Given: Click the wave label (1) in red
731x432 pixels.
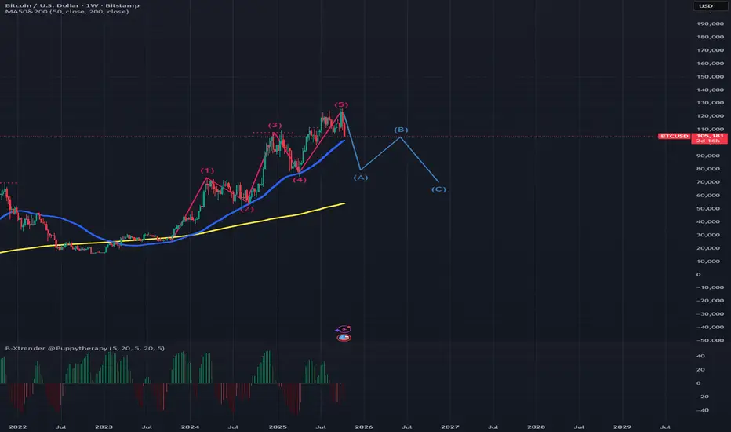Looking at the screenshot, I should [207, 170].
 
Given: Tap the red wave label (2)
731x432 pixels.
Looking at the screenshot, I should [246, 209].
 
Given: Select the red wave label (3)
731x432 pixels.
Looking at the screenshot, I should [275, 125].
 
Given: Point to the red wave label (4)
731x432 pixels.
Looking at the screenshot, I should [300, 180].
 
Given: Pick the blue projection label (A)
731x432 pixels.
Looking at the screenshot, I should [362, 178].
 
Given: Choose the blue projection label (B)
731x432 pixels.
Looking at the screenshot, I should [401, 130].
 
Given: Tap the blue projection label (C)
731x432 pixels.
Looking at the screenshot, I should [439, 189].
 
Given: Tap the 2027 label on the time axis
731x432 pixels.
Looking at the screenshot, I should [449, 427].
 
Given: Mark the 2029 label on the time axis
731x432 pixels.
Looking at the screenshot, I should [621, 427].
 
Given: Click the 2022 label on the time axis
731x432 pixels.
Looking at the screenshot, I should [16, 427].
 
